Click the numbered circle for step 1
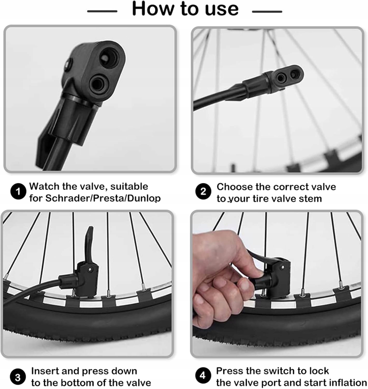pos(18,191)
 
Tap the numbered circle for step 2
pos(203,191)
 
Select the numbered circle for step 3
pos(18,377)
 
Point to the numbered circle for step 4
pos(203,375)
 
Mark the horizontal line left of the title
pos(102,11)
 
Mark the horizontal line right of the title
pos(267,12)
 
